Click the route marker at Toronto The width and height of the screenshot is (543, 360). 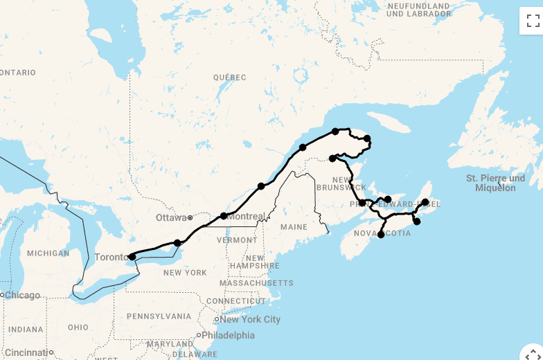[132, 256]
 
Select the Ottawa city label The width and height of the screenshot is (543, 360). [171, 217]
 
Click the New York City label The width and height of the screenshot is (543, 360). [250, 319]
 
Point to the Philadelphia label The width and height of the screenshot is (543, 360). [228, 335]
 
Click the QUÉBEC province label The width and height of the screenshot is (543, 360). [229, 78]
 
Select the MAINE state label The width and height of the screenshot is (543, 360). [294, 227]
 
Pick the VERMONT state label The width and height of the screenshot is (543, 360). [237, 240]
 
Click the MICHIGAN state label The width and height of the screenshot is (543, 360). [48, 253]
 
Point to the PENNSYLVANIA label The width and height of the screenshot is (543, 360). [159, 316]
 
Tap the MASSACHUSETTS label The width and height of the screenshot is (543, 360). [256, 283]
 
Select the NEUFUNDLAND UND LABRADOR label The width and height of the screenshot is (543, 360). [418, 10]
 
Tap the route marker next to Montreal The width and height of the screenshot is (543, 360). [224, 216]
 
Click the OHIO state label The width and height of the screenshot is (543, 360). [78, 327]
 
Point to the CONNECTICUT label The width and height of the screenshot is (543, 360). [235, 301]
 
